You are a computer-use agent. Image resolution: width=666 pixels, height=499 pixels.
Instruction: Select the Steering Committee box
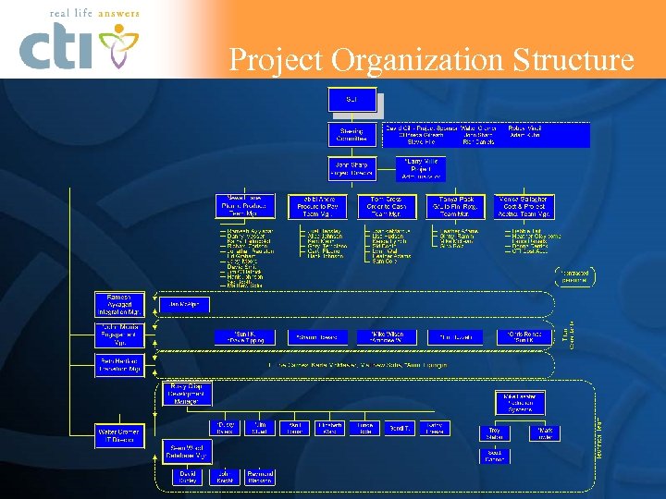tap(351, 135)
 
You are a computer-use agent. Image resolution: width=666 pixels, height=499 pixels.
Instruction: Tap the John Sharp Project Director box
tap(351, 168)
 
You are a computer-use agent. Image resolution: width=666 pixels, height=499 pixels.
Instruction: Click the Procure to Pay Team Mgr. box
tap(311, 205)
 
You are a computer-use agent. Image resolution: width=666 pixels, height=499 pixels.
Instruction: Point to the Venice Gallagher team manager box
tap(524, 205)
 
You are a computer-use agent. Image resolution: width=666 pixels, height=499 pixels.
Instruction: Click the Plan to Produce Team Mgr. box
tap(244, 205)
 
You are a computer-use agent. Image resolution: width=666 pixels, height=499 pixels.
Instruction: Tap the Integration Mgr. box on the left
tap(118, 305)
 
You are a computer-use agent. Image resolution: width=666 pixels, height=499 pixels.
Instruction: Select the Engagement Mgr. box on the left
tap(118, 335)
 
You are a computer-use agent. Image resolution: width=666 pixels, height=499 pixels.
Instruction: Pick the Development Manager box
tap(188, 394)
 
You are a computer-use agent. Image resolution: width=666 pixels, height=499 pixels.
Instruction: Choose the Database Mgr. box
tap(188, 450)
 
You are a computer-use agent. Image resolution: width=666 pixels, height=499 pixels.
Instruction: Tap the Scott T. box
tap(400, 429)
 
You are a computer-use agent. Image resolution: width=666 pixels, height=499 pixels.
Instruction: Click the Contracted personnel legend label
tap(572, 275)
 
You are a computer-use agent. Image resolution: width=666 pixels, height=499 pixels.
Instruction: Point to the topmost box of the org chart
tap(351, 99)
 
